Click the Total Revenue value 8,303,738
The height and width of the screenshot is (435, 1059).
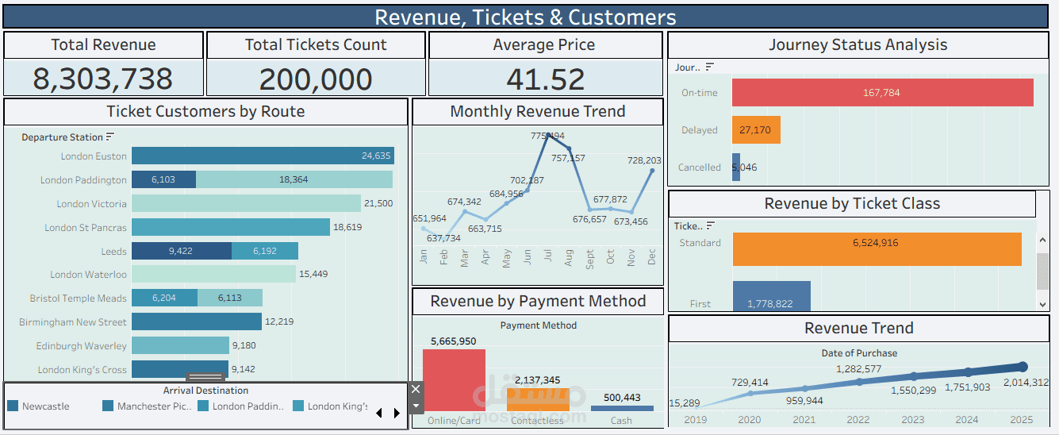pyautogui.click(x=103, y=79)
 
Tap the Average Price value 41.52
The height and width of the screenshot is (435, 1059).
pyautogui.click(x=544, y=79)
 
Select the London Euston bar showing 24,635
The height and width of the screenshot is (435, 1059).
pyautogui.click(x=263, y=156)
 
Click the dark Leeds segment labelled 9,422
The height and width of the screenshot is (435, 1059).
pyautogui.click(x=182, y=251)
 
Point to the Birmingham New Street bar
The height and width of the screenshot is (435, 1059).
pyautogui.click(x=197, y=321)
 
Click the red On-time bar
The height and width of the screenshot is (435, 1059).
pyautogui.click(x=882, y=93)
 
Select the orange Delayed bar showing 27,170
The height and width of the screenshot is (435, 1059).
pyautogui.click(x=756, y=130)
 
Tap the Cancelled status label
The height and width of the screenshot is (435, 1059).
pyautogui.click(x=699, y=167)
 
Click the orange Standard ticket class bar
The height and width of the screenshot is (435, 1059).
pyautogui.click(x=877, y=248)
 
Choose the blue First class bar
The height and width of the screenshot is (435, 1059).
pyautogui.click(x=771, y=295)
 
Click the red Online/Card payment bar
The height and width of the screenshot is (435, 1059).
pyautogui.click(x=454, y=380)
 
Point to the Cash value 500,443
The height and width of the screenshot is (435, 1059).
pyautogui.click(x=622, y=398)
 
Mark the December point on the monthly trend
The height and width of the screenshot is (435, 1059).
pyautogui.click(x=652, y=170)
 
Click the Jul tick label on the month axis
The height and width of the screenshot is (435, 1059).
pyautogui.click(x=548, y=257)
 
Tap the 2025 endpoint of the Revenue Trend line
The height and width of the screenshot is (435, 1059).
pyautogui.click(x=1023, y=367)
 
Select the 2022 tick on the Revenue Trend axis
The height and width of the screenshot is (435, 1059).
pyautogui.click(x=858, y=419)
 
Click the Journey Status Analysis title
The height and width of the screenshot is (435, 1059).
pyautogui.click(x=858, y=45)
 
